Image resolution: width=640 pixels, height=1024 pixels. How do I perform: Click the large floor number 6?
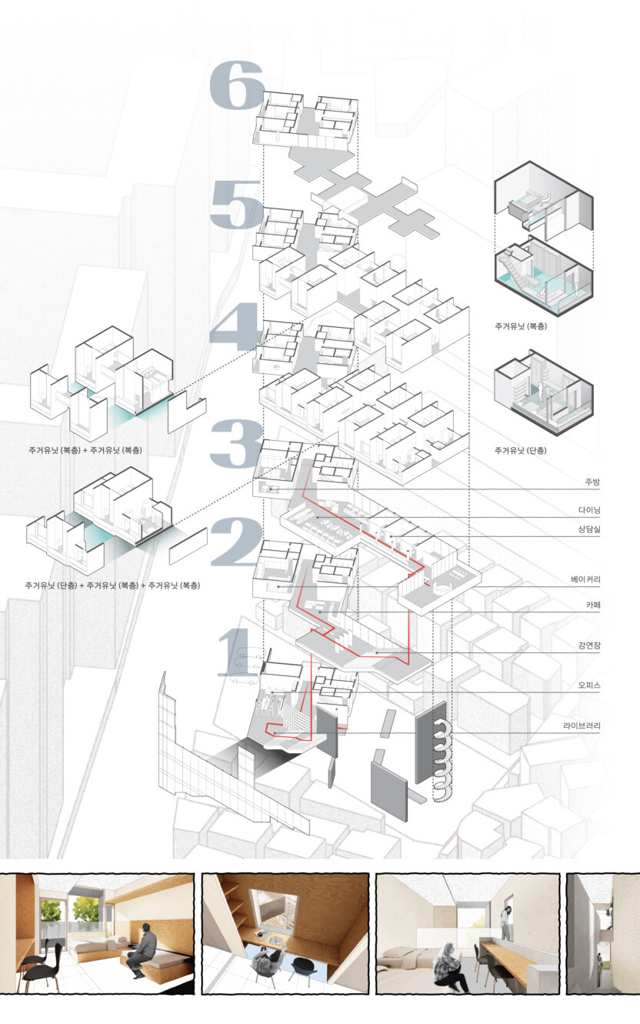[238, 85]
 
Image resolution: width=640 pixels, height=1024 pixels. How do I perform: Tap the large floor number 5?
[237, 204]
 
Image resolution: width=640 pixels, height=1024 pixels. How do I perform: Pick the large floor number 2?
[237, 542]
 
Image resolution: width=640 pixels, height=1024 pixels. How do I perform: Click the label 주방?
[592, 482]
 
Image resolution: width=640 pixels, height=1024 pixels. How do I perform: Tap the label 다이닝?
[589, 510]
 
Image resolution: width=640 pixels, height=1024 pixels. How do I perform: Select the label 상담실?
[589, 529]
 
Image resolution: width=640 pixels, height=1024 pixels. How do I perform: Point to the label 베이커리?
[585, 579]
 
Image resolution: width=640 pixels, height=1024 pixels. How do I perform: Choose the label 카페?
[593, 605]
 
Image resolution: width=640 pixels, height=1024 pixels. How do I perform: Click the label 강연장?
[589, 646]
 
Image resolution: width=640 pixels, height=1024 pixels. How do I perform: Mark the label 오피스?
[589, 685]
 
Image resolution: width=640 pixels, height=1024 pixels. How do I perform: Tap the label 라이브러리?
[582, 726]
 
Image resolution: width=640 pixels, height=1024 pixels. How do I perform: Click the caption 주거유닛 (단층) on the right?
[521, 451]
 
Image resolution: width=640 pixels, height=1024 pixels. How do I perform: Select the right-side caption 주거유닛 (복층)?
[521, 326]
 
